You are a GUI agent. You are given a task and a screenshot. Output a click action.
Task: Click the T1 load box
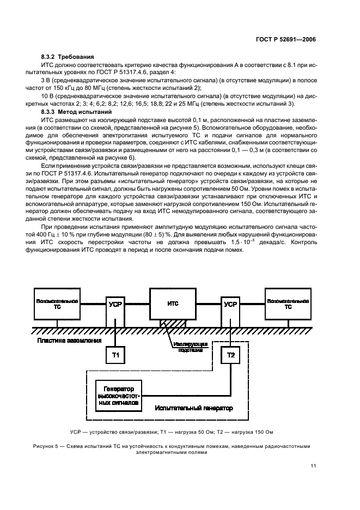coord(115,355)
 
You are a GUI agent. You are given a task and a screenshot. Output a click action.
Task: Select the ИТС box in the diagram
coord(173,303)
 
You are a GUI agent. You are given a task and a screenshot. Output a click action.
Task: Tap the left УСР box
coord(115,304)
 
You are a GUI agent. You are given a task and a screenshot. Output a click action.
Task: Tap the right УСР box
coord(230,304)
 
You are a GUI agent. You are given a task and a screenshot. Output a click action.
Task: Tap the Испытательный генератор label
coord(193,407)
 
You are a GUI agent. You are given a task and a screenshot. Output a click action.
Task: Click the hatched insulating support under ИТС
coord(173,323)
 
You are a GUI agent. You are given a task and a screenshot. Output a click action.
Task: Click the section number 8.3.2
coord(50,57)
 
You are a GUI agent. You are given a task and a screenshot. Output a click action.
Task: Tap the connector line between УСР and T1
coord(115,338)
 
